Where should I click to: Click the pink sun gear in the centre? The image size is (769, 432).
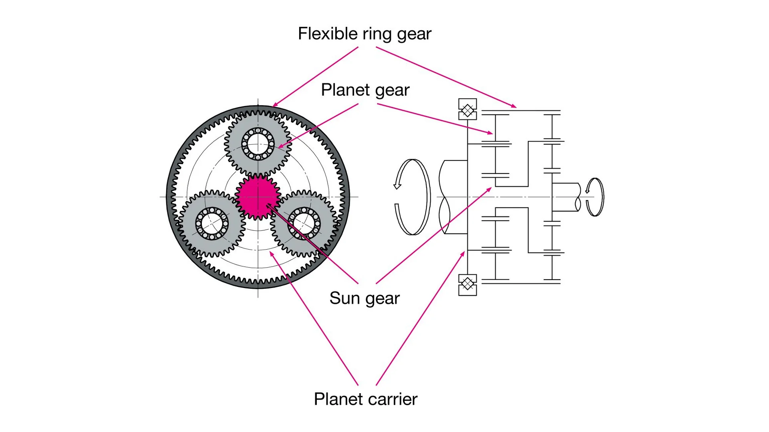258,196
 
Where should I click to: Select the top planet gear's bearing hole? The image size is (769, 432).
258,144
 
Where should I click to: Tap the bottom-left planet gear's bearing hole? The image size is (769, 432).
212,223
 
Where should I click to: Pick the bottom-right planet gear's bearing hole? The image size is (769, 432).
304,223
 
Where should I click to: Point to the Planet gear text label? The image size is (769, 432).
365,90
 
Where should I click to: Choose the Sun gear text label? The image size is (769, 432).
364,298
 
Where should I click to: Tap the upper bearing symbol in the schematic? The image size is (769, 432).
467,109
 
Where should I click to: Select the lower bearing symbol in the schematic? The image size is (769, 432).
467,284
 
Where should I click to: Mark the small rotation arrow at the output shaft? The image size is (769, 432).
595,197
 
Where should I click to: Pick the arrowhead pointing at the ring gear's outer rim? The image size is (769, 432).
274,106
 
